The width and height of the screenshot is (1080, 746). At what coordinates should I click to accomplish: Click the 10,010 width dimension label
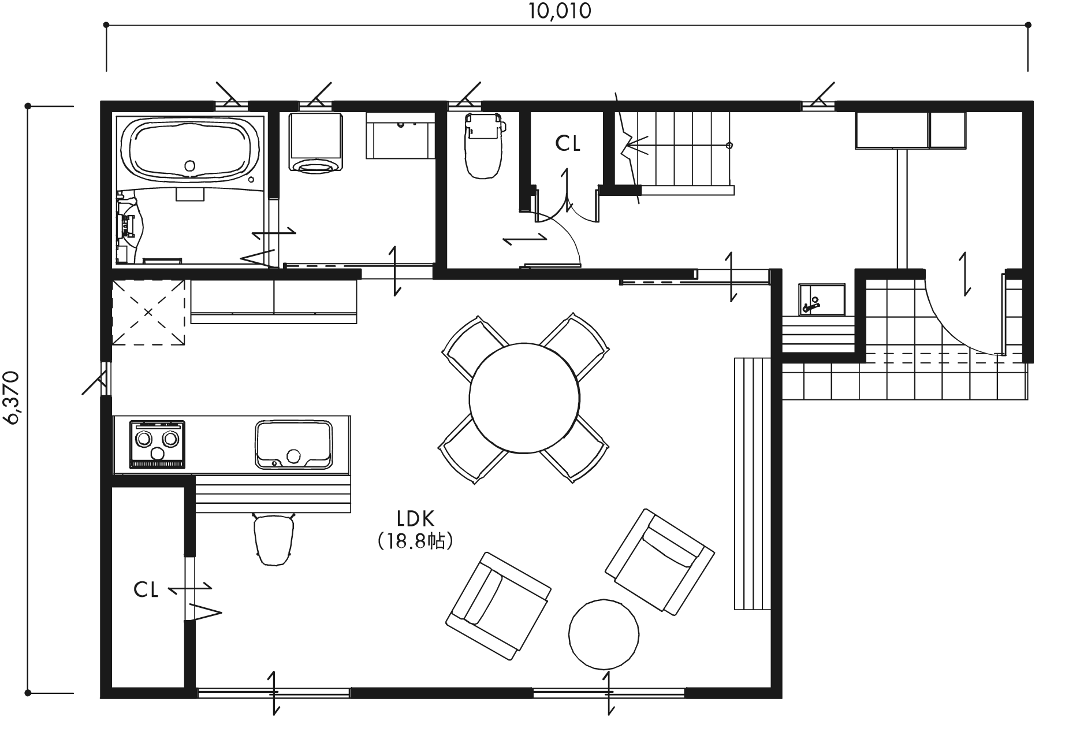pos(560,11)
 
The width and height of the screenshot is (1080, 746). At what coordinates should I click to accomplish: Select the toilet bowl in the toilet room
pos(484,146)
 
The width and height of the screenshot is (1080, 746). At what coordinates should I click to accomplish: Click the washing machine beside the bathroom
pos(315,142)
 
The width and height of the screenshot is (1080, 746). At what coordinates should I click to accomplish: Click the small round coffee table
pos(604,634)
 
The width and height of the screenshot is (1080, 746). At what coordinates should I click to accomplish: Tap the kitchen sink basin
pos(295,444)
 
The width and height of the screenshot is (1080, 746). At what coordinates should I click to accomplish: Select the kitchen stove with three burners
pos(158,444)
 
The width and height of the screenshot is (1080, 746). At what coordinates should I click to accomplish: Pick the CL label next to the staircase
pos(568,144)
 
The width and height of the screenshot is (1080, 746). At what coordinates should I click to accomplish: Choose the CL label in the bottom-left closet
pos(146,590)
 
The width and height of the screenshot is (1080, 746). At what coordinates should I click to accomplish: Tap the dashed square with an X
pos(148,313)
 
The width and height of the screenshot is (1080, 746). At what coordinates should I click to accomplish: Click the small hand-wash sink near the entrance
pos(822,299)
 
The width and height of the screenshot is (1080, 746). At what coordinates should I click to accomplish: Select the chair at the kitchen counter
pos(273,539)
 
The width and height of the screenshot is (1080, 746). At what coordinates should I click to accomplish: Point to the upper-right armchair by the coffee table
pos(660,561)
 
